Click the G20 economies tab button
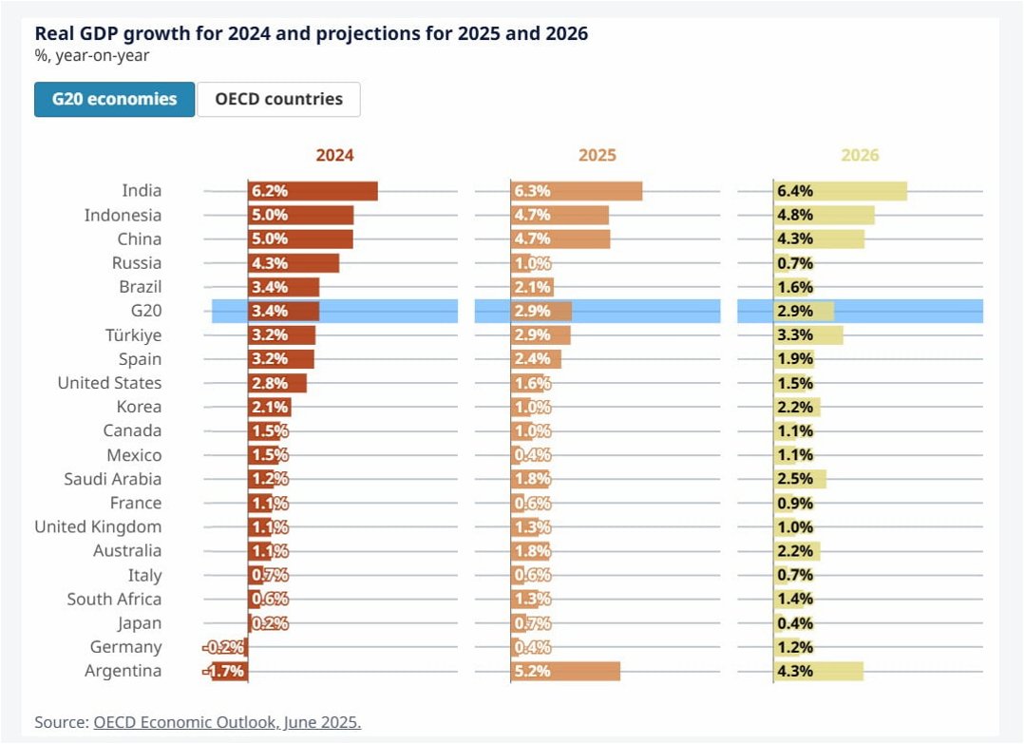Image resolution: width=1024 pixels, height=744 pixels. pyautogui.click(x=114, y=99)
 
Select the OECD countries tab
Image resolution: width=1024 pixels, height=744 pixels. pyautogui.click(x=278, y=99)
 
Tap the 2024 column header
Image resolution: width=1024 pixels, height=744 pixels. pyautogui.click(x=334, y=155)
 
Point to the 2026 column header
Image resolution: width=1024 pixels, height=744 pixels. pyautogui.click(x=860, y=155)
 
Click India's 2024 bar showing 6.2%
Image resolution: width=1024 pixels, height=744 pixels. pyautogui.click(x=313, y=191)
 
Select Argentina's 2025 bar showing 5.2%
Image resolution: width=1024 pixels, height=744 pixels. pyautogui.click(x=565, y=671)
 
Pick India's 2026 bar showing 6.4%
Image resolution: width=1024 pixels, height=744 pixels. pyautogui.click(x=840, y=191)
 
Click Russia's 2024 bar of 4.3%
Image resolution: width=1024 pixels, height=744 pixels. pyautogui.click(x=294, y=263)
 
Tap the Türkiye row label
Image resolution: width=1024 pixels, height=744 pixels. pyautogui.click(x=133, y=335)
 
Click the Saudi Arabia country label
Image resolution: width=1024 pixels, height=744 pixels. pyautogui.click(x=112, y=479)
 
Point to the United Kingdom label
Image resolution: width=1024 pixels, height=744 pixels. pyautogui.click(x=98, y=526)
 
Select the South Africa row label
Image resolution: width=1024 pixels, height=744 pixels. pyautogui.click(x=114, y=599)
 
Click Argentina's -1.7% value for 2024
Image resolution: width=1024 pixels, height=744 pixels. pyautogui.click(x=224, y=671)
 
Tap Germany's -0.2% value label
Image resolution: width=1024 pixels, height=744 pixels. pyautogui.click(x=225, y=647)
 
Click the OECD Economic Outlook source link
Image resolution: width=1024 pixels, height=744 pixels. pyautogui.click(x=227, y=722)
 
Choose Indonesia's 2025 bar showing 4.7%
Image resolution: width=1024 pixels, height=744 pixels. pyautogui.click(x=559, y=215)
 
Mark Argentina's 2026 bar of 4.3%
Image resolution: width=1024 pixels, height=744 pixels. pyautogui.click(x=818, y=671)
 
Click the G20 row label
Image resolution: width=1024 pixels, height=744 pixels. pyautogui.click(x=146, y=311)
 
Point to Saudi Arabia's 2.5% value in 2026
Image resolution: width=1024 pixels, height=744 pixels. pyautogui.click(x=795, y=479)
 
